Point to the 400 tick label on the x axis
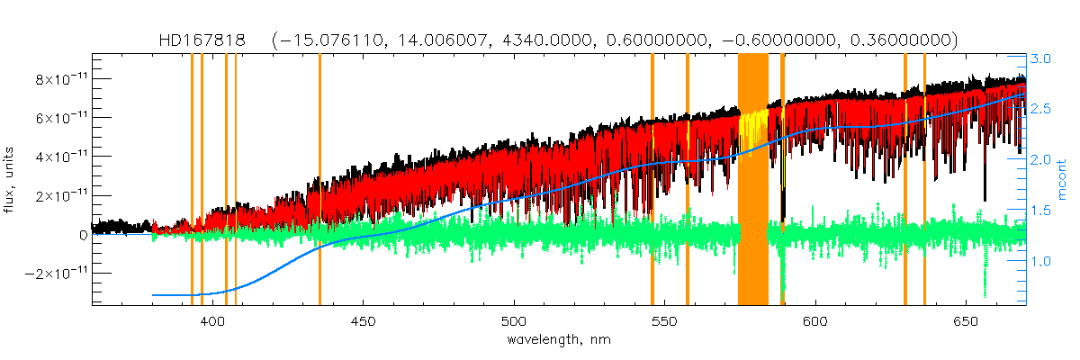tap(213, 321)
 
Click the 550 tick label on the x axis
tap(663, 321)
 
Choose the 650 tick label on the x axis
tap(964, 321)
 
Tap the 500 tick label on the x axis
tap(513, 321)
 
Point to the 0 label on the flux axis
tap(83, 234)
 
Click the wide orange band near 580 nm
tap(753, 180)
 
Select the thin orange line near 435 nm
tap(319, 180)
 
